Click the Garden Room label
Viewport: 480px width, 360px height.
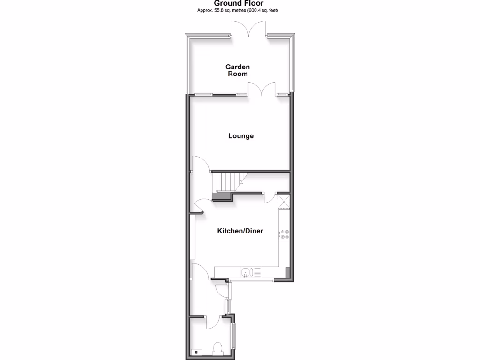[238, 70]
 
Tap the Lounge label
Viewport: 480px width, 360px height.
[241, 136]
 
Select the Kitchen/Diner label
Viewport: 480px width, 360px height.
[240, 231]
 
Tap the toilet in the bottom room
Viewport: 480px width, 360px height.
[217, 349]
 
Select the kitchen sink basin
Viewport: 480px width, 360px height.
[246, 272]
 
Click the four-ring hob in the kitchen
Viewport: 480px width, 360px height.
[285, 234]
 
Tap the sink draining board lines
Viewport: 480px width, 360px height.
[257, 272]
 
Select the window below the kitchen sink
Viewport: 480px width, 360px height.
[251, 281]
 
